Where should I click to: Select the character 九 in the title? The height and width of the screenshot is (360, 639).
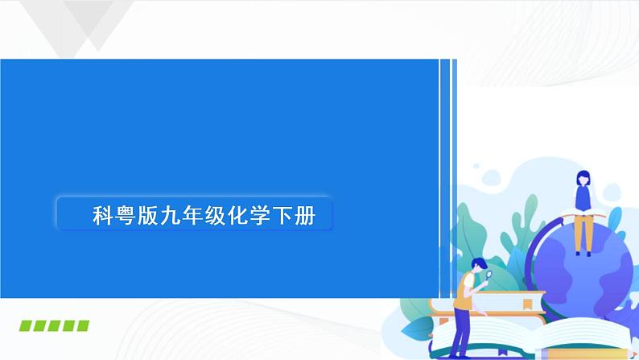click(171, 215)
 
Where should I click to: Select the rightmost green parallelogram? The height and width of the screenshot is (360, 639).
click(81, 325)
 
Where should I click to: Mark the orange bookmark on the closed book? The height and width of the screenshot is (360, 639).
click(527, 304)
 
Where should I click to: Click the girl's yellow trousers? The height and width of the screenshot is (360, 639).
click(583, 234)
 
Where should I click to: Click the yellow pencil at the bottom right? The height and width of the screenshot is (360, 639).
click(563, 353)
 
